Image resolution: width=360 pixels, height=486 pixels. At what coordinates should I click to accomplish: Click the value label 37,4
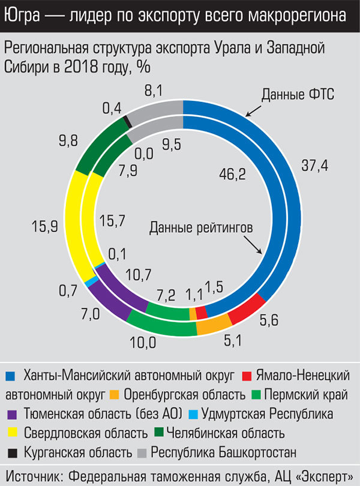[x=314, y=167]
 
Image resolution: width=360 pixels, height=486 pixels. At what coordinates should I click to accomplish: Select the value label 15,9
[x=44, y=227]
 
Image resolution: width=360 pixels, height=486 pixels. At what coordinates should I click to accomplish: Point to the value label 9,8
[x=68, y=142]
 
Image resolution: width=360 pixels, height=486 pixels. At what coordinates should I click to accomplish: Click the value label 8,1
[x=154, y=91]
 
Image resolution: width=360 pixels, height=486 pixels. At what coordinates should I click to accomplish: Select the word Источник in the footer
[x=34, y=475]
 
